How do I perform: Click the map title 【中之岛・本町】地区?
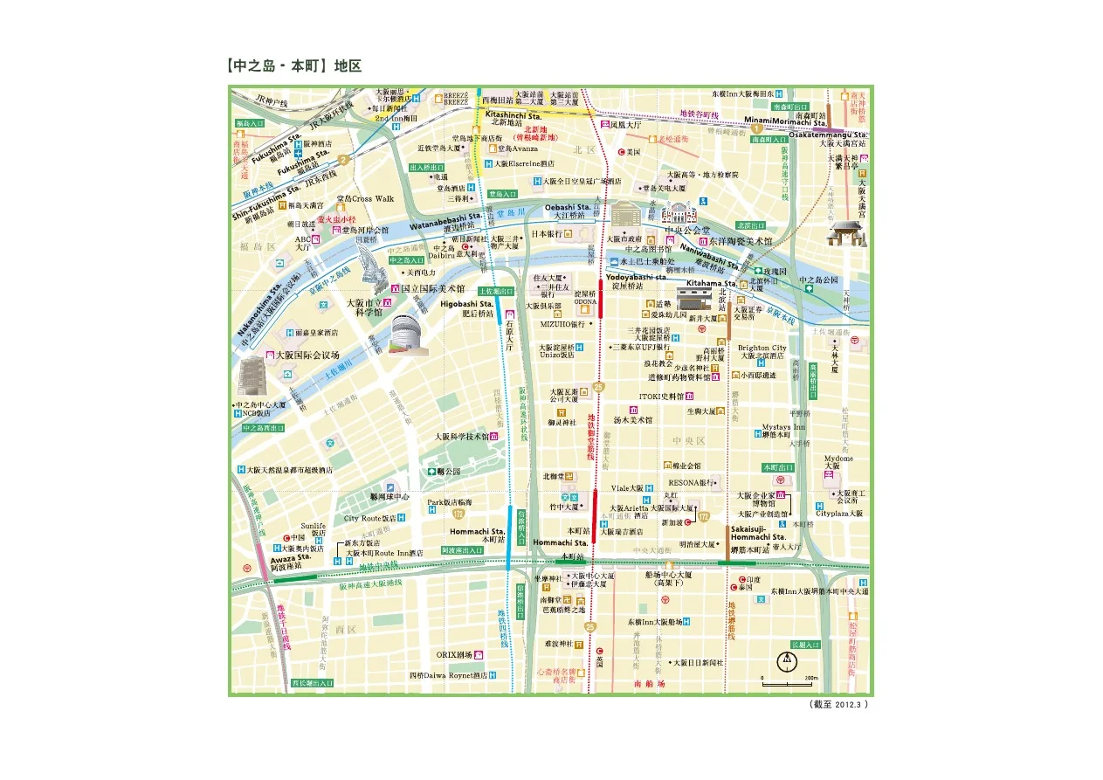293,66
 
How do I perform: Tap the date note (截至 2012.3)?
840,704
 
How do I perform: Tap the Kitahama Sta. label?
711,284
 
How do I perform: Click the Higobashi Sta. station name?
467,304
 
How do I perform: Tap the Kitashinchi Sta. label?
512,114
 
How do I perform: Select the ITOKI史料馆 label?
661,397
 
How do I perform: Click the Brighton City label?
762,348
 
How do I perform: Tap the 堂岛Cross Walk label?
365,198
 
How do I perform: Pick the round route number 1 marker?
756,129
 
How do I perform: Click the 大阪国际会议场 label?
307,355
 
